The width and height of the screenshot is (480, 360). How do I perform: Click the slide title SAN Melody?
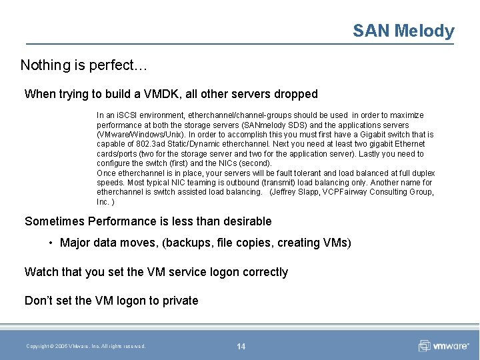pyautogui.click(x=403, y=31)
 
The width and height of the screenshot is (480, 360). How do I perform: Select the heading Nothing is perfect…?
pyautogui.click(x=84, y=65)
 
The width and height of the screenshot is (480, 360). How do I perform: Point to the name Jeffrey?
pyautogui.click(x=285, y=192)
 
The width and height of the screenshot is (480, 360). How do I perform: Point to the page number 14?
pyautogui.click(x=241, y=346)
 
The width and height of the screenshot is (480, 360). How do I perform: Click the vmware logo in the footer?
pyautogui.click(x=443, y=345)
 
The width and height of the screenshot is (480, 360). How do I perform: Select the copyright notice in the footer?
pyautogui.click(x=85, y=346)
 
